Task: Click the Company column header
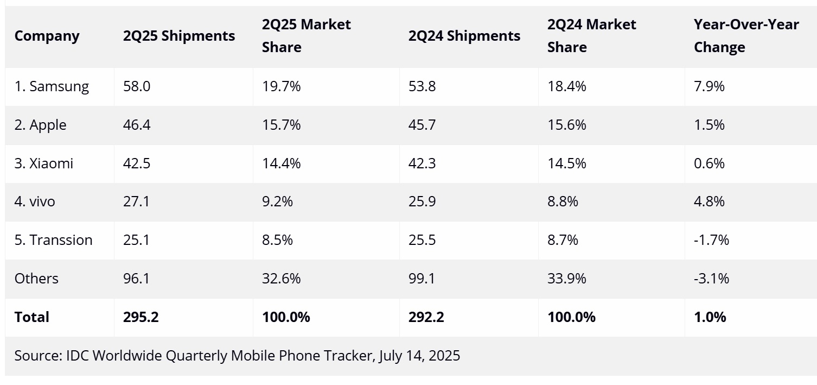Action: [47, 36]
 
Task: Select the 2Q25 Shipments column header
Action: [179, 36]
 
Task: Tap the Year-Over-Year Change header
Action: [746, 36]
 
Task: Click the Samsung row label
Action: [52, 86]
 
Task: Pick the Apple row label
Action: [41, 125]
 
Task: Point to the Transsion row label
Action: [54, 240]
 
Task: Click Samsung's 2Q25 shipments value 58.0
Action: [137, 86]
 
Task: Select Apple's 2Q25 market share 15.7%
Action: [281, 125]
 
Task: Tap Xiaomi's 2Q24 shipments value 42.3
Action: [422, 163]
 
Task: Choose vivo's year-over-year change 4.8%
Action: [709, 202]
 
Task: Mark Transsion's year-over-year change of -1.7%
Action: [711, 240]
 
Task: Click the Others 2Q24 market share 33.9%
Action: [566, 279]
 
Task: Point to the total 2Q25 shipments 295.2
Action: [141, 317]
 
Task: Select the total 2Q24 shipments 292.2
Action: [426, 317]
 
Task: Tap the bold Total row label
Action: [32, 317]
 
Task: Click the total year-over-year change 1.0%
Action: [710, 317]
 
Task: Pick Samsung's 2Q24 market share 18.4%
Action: [566, 86]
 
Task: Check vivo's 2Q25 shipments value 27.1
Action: [136, 202]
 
